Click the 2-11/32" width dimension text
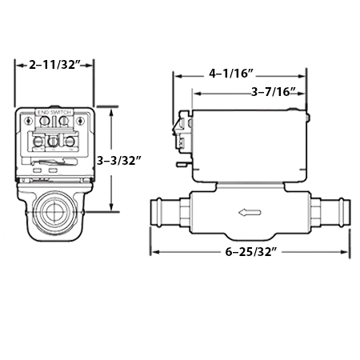(x=55, y=63)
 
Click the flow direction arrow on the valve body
(x=249, y=213)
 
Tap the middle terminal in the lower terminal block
(x=54, y=142)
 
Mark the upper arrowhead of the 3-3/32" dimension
(x=110, y=108)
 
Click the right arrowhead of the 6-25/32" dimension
(x=349, y=254)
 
